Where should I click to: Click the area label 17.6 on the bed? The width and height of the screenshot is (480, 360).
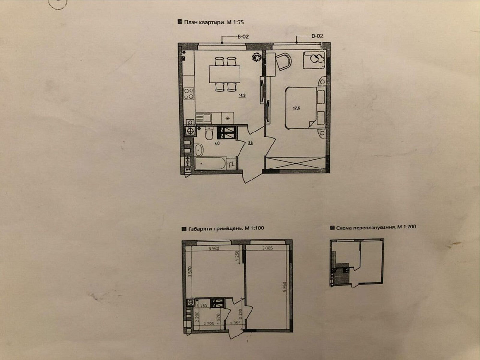coord(296,108)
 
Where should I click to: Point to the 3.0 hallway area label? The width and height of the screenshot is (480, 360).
coord(251,143)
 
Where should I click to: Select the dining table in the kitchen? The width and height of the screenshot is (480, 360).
coord(224,74)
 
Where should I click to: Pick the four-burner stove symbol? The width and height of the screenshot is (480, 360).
coord(189,93)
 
